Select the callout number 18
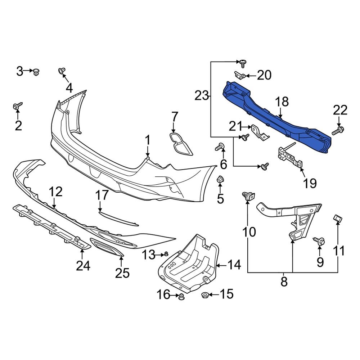click(282, 102)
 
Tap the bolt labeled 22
click(338, 131)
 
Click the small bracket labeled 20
click(240, 75)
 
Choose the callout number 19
click(310, 183)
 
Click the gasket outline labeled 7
click(181, 144)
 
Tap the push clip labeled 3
click(36, 72)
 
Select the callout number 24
click(83, 266)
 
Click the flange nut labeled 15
click(204, 295)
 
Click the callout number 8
click(284, 282)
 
